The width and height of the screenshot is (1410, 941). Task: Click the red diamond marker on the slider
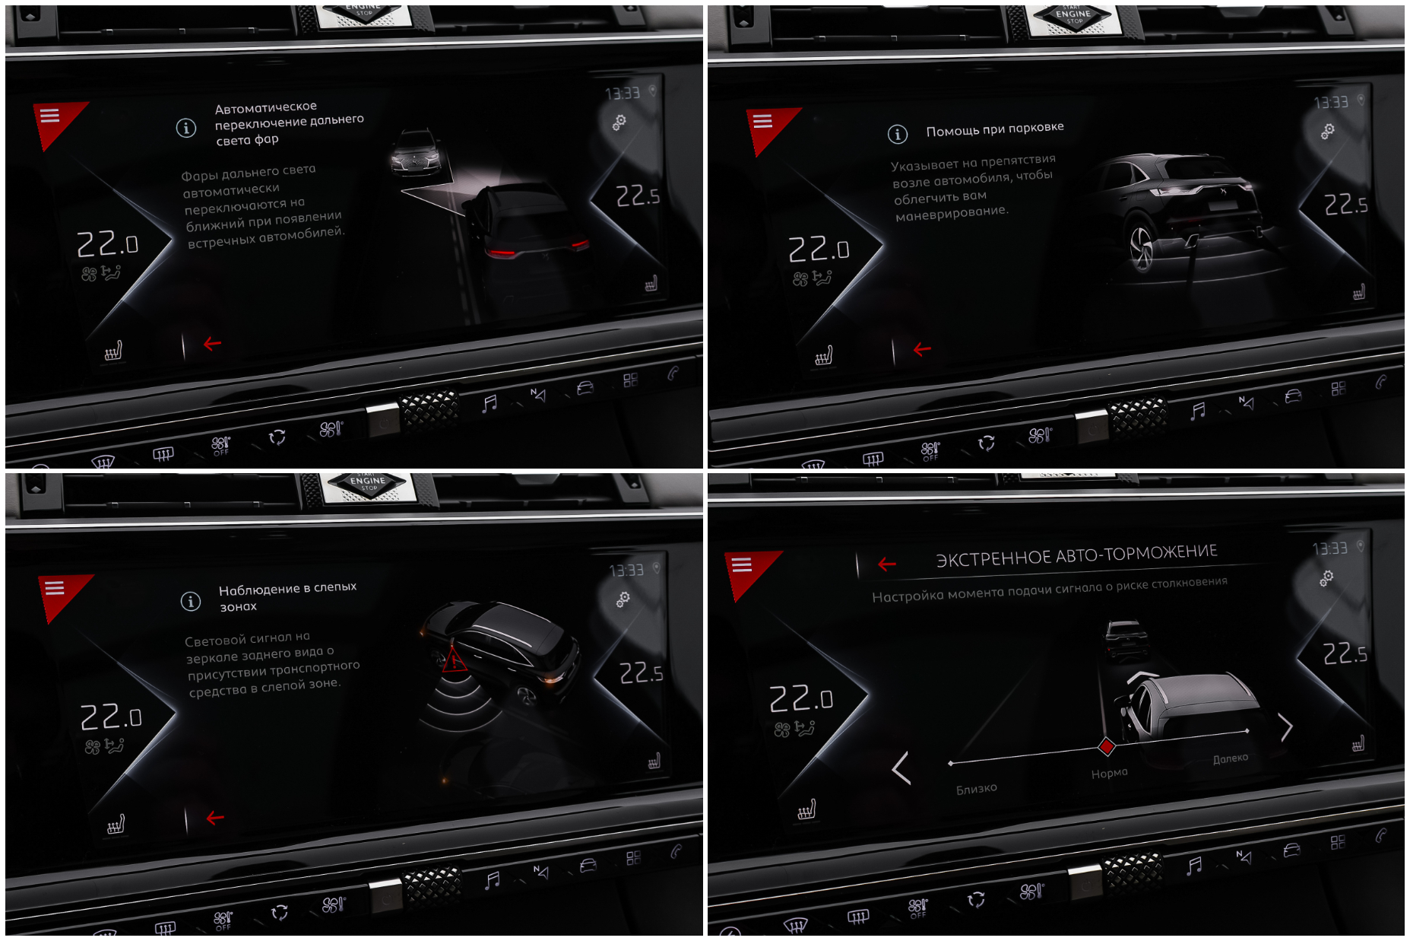point(1107,747)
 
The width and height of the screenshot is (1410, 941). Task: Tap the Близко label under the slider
point(976,789)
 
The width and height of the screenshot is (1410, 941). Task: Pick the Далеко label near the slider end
point(1230,758)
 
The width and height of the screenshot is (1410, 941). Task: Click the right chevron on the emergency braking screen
point(1285,727)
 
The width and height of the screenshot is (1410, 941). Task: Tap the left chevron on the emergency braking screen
point(901,768)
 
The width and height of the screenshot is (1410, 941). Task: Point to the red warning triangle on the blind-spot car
point(454,660)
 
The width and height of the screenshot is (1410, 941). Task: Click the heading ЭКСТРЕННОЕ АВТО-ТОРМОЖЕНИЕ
point(1076,555)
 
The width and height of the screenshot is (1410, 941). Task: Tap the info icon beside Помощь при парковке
point(897,135)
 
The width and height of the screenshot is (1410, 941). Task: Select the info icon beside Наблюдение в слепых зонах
point(190,601)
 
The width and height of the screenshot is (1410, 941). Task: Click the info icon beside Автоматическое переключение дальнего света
point(185,128)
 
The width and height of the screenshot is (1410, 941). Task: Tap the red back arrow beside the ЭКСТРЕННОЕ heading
point(887,564)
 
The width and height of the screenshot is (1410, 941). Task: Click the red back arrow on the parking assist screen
point(922,349)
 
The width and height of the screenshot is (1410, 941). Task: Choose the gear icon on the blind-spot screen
point(623,600)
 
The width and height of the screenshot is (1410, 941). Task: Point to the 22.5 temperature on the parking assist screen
point(1345,204)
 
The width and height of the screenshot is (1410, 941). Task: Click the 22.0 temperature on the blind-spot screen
point(111,717)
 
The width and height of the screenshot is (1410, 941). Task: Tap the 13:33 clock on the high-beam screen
point(623,94)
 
